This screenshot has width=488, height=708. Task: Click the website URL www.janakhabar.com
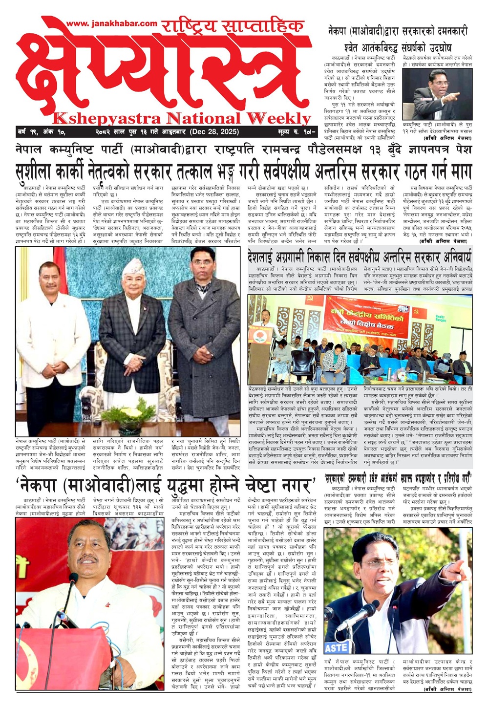[112, 23]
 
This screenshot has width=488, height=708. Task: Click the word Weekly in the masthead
[278, 118]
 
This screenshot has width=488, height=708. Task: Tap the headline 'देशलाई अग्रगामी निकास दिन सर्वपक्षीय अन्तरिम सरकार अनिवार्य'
[360, 256]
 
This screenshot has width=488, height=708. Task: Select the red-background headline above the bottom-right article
[398, 478]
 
